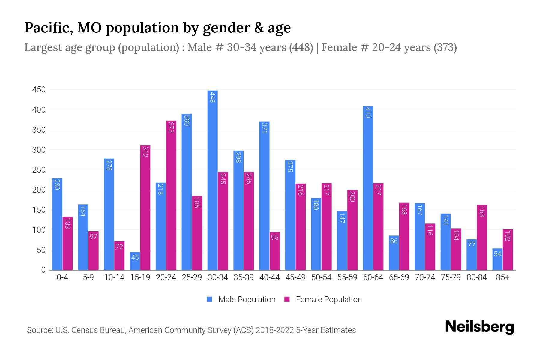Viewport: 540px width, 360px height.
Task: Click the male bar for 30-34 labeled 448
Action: (212, 180)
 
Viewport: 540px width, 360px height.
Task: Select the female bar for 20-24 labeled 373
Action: (171, 195)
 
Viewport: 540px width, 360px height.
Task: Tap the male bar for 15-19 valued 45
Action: (135, 261)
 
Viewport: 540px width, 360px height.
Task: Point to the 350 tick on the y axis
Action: (39, 130)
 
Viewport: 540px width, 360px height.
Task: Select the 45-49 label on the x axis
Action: (295, 277)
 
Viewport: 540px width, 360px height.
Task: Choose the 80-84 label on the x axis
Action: (477, 277)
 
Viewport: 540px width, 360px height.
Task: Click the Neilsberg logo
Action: (479, 327)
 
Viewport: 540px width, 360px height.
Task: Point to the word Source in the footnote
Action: (39, 330)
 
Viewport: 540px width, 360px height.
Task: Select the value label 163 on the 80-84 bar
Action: (482, 211)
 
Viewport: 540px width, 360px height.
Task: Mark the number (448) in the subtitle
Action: (301, 47)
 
